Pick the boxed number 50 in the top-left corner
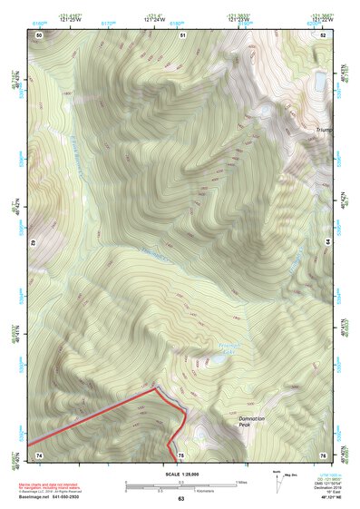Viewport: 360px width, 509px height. (x=39, y=34)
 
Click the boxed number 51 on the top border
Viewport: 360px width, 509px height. (x=181, y=34)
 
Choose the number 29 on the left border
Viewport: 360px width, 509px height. (x=33, y=243)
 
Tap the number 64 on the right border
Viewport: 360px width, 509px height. (x=328, y=243)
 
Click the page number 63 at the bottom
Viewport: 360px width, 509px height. (x=180, y=500)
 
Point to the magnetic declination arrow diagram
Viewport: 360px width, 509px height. (x=277, y=482)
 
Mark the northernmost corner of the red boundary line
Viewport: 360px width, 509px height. (x=155, y=387)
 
